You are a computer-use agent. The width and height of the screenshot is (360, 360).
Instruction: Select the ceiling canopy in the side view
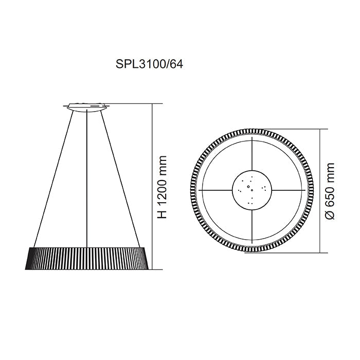pos(87,106)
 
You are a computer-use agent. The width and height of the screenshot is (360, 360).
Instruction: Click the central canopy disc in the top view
pos(252,190)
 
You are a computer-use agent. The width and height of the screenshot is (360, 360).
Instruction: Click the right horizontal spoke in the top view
pos(286,190)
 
